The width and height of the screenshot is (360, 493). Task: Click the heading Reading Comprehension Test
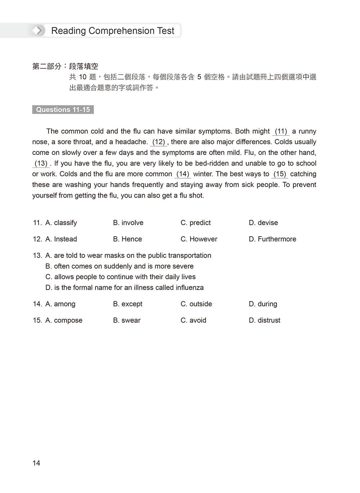[x=112, y=31]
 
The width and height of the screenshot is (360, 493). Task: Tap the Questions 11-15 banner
[x=63, y=110]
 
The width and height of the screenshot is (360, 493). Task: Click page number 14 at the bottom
[x=36, y=463]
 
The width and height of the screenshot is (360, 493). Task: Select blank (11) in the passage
[x=281, y=131]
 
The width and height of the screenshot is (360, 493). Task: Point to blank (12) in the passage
[x=158, y=142]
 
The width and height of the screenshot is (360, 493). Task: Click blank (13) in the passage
[x=41, y=163]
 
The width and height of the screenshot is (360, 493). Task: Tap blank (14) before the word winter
[x=183, y=174]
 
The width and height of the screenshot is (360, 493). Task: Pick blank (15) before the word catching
[x=280, y=174]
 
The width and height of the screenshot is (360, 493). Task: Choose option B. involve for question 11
[x=128, y=223]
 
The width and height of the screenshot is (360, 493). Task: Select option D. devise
[x=263, y=223]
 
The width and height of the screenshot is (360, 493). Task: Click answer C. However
[x=199, y=239]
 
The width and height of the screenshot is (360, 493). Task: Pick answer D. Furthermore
[x=272, y=239]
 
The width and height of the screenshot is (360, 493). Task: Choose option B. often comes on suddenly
[x=120, y=266]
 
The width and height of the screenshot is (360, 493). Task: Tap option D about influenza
[x=125, y=288]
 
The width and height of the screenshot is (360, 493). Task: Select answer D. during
[x=263, y=304]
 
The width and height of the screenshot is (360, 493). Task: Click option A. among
[x=60, y=304]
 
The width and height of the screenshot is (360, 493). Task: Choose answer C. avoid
[x=193, y=321]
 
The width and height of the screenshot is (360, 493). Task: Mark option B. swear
[x=127, y=321]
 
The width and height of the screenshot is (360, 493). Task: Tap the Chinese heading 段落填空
[x=84, y=66]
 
